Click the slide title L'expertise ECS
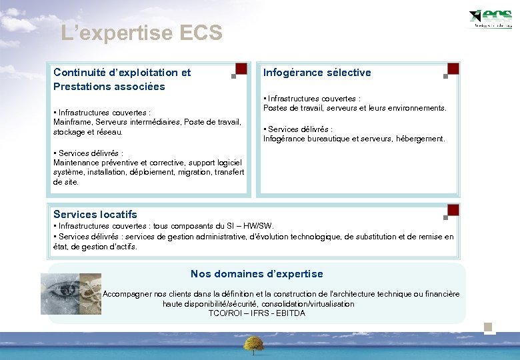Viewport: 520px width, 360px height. tap(141, 33)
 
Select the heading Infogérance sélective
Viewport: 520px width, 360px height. tap(317, 73)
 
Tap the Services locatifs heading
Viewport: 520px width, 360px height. tap(95, 215)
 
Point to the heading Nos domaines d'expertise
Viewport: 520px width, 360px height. tap(257, 274)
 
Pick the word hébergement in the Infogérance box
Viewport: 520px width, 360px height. tap(421, 139)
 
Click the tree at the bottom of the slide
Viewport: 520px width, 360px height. tap(253, 344)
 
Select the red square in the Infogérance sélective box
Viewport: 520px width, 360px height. tap(453, 69)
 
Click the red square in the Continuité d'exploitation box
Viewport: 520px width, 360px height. tap(241, 69)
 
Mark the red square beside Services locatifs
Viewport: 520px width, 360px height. tap(453, 210)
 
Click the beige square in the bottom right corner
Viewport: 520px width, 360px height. tap(489, 327)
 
